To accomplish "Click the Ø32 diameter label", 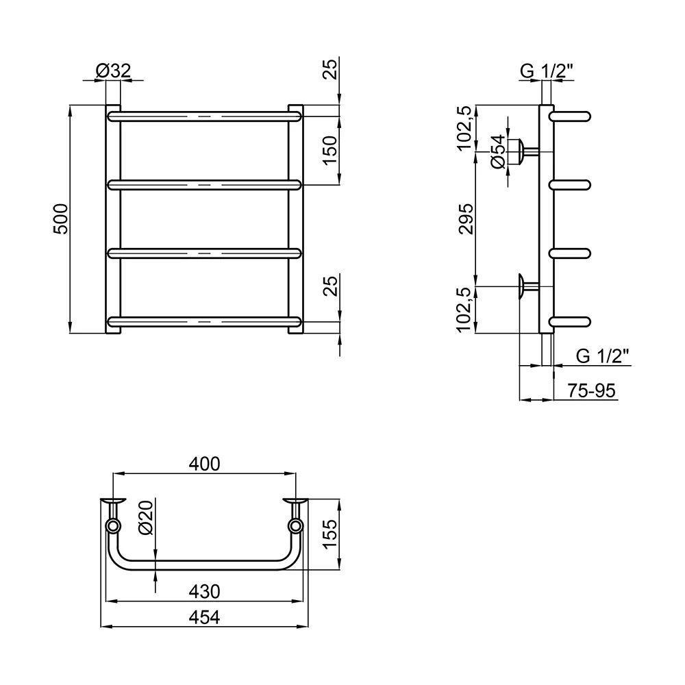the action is point(113,71).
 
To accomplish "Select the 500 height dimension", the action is point(61,219).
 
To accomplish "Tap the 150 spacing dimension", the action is point(331,150).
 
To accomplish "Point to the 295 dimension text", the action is point(466,219).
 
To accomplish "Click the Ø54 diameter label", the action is point(498,151).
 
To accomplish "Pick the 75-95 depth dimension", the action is point(592,390).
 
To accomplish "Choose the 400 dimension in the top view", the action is point(204,464).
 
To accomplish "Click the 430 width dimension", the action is point(204,592).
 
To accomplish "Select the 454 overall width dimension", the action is point(204,617).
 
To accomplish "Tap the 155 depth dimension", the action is point(331,534).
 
